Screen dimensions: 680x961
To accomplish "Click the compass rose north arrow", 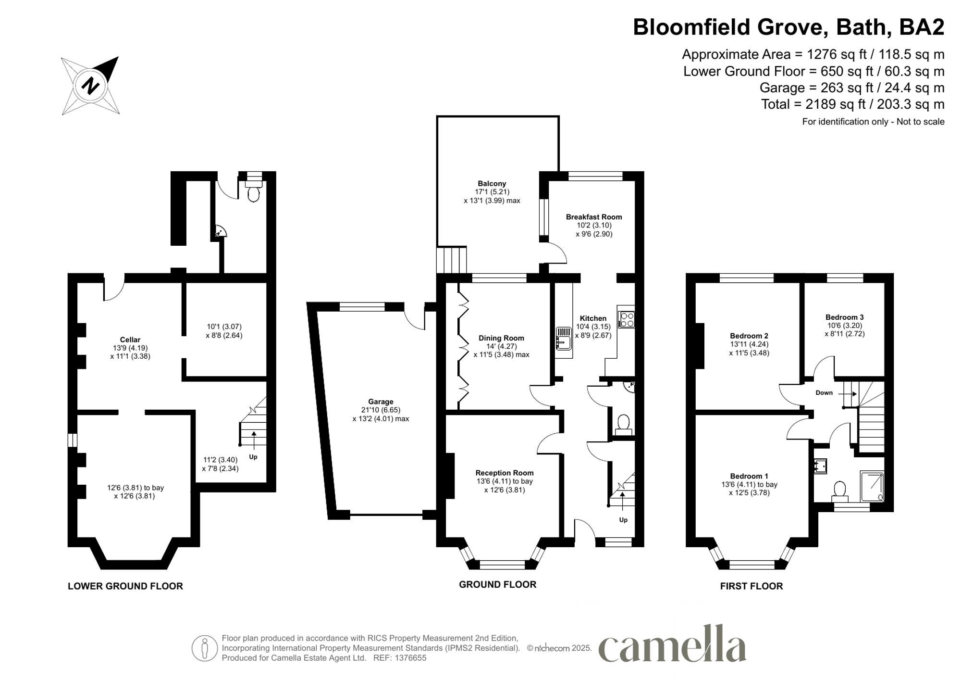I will click(90, 86).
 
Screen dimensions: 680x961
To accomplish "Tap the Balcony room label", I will click(492, 184).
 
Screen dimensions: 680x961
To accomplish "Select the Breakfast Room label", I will click(593, 217).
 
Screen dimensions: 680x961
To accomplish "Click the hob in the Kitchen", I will click(626, 320).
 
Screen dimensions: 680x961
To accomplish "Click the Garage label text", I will click(381, 402).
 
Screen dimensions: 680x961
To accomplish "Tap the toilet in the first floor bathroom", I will click(839, 489).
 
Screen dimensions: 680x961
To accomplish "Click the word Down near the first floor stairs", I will click(824, 393).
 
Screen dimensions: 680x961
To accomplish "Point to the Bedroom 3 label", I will click(844, 317).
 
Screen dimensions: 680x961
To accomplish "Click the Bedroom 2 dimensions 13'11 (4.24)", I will click(749, 344).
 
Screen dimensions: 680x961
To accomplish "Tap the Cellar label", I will click(130, 340).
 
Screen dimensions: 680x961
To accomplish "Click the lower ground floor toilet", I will click(253, 193).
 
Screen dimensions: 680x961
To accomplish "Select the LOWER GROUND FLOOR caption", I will click(125, 586).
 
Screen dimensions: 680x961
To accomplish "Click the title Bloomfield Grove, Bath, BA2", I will click(788, 27).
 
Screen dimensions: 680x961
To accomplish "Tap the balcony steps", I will click(451, 259).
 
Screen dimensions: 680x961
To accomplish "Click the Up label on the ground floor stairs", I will click(623, 520).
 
